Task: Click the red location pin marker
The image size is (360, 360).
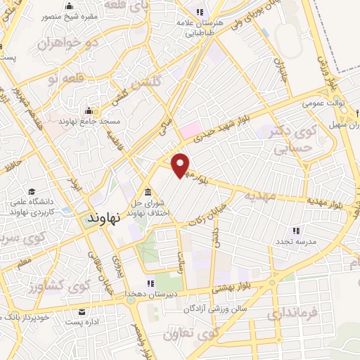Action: point(181,165)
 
